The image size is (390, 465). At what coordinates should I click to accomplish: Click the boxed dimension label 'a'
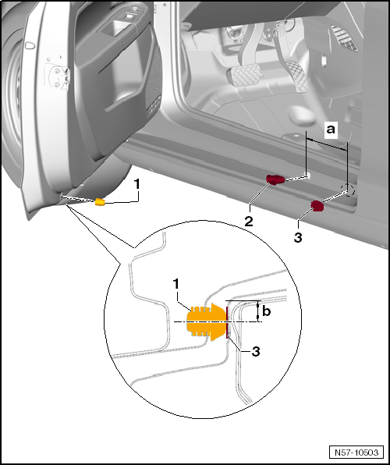330,128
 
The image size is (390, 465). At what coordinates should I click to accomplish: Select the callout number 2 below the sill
248,221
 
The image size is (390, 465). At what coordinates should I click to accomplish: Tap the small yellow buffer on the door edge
100,202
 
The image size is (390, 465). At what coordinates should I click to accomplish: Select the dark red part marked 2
276,179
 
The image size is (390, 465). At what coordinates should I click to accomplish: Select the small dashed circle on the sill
347,190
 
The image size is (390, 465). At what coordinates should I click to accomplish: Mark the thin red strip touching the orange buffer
226,321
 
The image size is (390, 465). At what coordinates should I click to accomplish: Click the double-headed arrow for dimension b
257,311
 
